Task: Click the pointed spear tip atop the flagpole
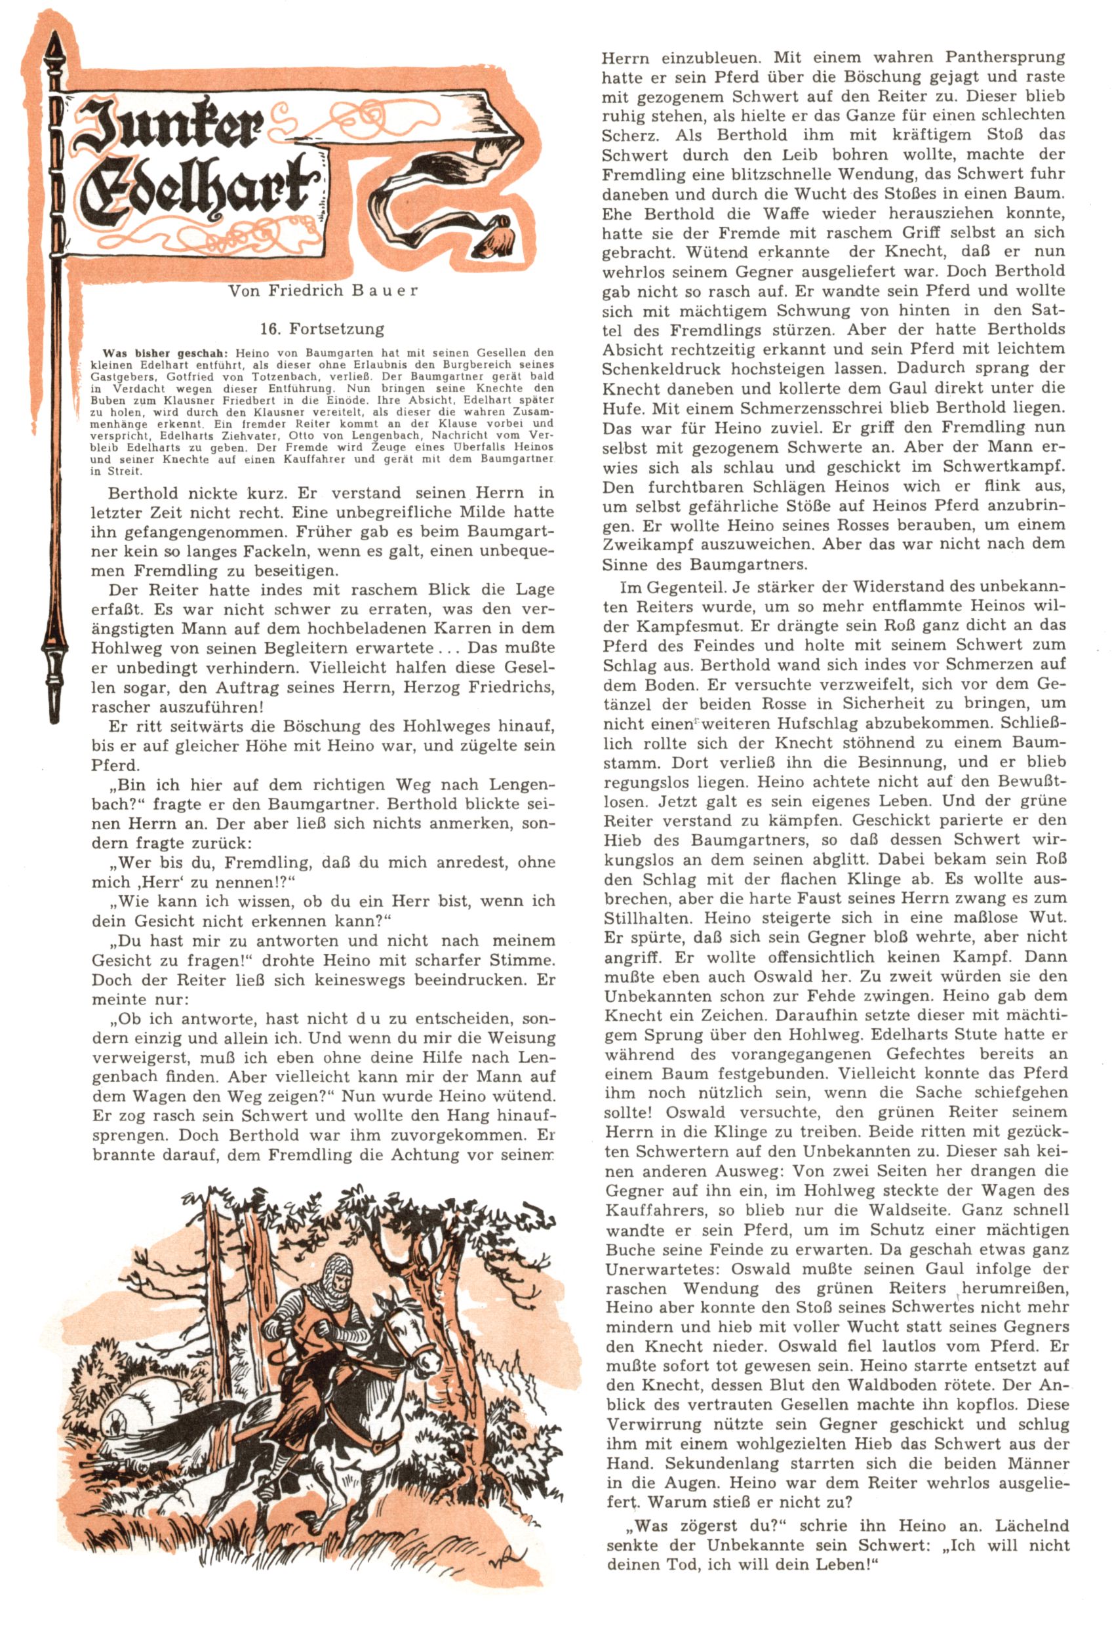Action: [53, 49]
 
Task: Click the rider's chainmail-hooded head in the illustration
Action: [339, 1272]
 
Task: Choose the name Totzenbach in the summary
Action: [292, 376]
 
